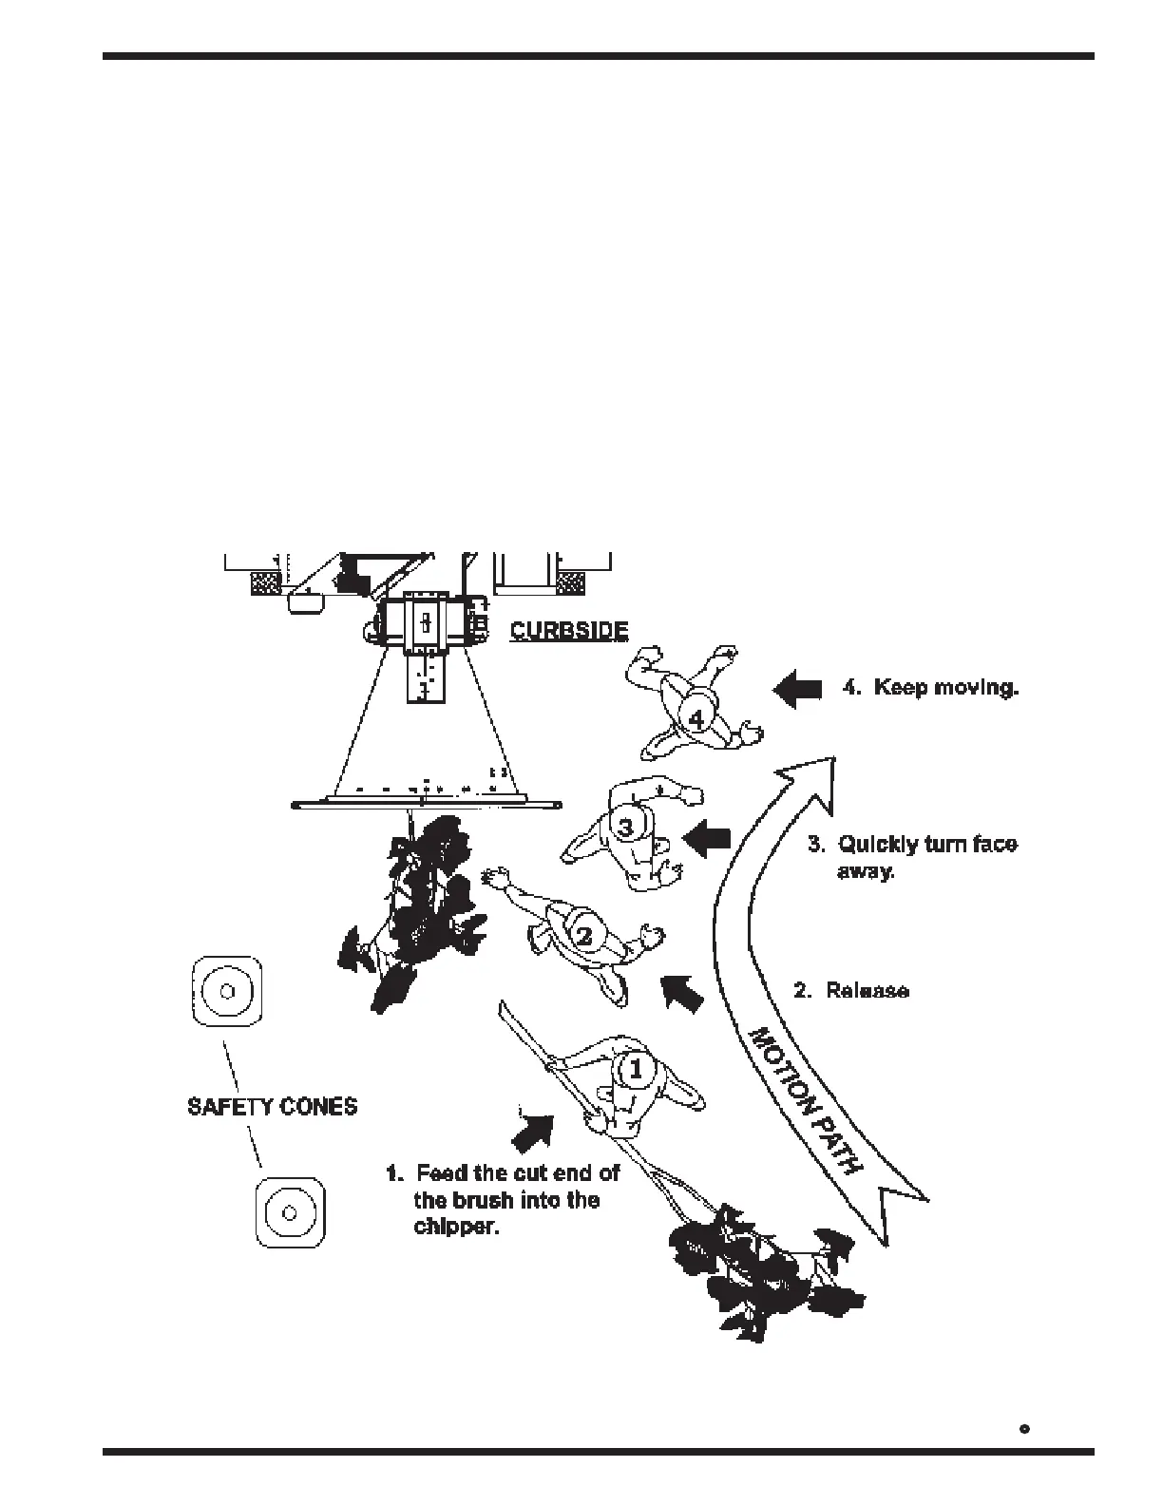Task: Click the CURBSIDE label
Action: (x=568, y=631)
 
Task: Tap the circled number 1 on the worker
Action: (x=636, y=1069)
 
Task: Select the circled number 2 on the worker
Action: (x=585, y=935)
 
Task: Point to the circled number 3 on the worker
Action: (x=625, y=827)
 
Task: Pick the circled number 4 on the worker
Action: (x=696, y=719)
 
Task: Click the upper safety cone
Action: (x=226, y=991)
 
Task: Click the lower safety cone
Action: (x=291, y=1213)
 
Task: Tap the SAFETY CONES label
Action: (x=273, y=1107)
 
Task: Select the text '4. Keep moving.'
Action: (x=930, y=687)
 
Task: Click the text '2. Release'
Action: (x=851, y=991)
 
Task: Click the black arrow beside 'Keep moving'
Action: (x=797, y=688)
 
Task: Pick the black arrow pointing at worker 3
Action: (x=707, y=839)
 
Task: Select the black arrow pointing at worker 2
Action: (x=683, y=993)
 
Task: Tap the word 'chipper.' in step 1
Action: (x=456, y=1226)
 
